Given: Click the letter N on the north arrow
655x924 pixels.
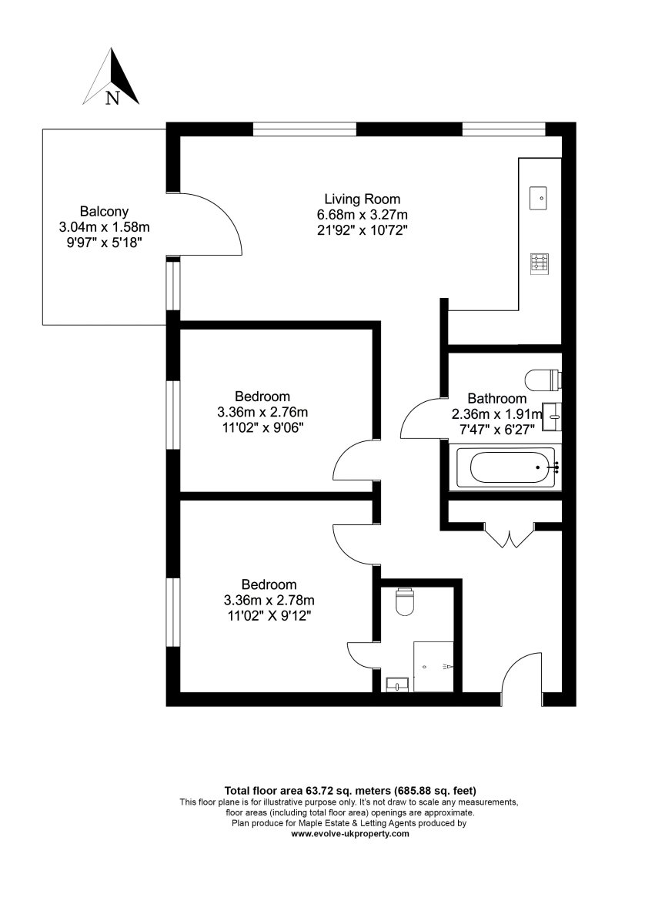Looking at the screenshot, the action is tap(112, 98).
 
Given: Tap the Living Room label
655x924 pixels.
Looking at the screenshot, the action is tap(363, 199).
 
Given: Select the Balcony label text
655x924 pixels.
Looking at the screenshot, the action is tap(104, 212).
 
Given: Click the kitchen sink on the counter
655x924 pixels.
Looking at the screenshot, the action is tap(539, 199).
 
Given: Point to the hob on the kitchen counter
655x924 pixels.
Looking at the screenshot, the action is tap(540, 263).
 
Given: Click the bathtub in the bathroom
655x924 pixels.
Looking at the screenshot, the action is tap(508, 467).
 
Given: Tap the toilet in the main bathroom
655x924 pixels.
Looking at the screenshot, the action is tap(543, 380).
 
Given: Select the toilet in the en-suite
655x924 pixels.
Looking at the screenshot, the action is tap(404, 603).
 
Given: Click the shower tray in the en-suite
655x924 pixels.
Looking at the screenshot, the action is tap(433, 666).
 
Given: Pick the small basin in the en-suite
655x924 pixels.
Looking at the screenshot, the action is tap(397, 685).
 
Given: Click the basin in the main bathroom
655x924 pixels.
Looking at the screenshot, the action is tap(553, 417).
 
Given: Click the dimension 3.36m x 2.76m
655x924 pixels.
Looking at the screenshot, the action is tap(262, 412).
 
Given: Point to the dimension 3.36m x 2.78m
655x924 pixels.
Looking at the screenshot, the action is tap(269, 600).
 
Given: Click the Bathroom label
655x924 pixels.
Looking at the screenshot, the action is tap(497, 399).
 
